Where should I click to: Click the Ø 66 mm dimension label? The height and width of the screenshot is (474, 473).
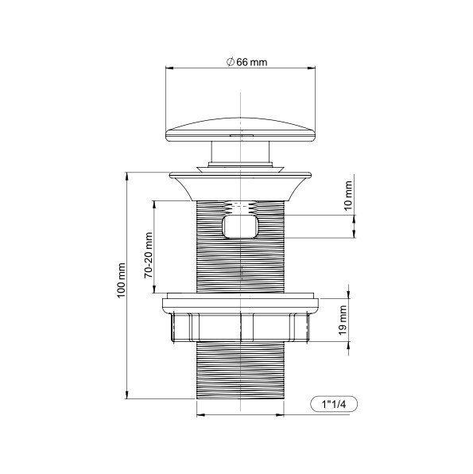(x=246, y=64)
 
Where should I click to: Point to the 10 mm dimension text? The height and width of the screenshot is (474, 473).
(x=348, y=193)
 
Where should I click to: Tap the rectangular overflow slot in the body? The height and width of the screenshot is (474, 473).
(x=241, y=228)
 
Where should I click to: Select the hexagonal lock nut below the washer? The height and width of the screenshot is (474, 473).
(x=239, y=326)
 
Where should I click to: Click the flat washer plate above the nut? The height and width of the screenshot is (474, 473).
(x=239, y=303)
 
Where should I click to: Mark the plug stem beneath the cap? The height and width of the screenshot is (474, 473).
(x=239, y=155)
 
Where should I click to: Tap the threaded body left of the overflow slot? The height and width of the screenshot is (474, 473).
(x=208, y=239)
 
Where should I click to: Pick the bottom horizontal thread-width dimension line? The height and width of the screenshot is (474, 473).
(x=239, y=414)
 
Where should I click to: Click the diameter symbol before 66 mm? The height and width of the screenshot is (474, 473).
(x=228, y=64)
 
